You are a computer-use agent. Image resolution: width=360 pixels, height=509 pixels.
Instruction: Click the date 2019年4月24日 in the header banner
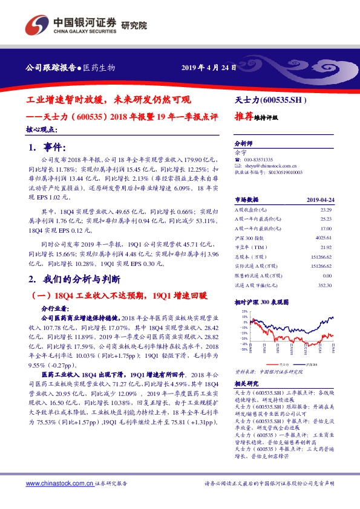point(208,67)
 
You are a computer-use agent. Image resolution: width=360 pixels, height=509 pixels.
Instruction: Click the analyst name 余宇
point(240,153)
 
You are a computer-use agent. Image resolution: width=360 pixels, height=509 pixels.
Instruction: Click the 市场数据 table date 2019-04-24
point(320,199)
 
